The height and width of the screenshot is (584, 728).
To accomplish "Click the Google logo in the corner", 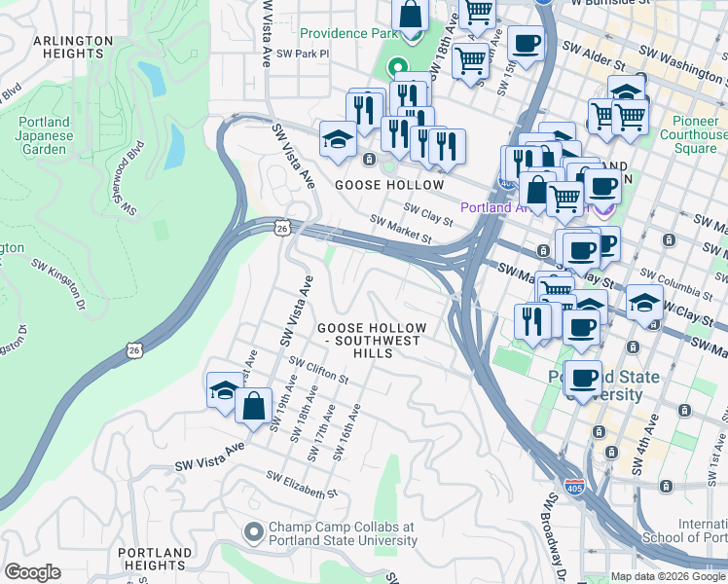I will tap(32, 571).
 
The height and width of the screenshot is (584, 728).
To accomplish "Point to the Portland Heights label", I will tap(155, 560).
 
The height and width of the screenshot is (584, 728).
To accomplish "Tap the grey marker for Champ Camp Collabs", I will tap(253, 532).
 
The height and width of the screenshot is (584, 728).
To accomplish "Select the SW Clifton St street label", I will tap(318, 369).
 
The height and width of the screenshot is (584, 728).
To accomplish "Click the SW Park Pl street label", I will tap(304, 55).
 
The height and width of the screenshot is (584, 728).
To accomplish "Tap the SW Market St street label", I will tap(400, 230).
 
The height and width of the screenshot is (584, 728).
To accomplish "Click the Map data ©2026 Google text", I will tap(668, 576).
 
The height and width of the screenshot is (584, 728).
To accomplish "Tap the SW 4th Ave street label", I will tap(644, 446).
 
